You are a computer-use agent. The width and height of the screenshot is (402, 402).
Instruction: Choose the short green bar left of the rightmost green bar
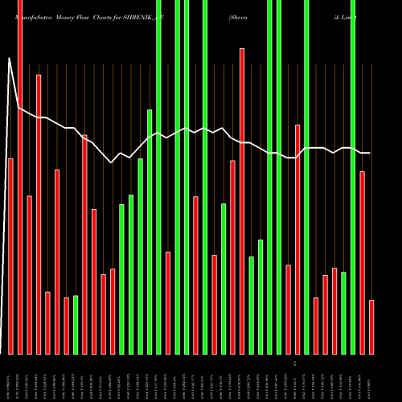[x=344, y=313]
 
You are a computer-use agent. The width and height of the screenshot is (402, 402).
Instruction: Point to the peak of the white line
[x=10, y=58]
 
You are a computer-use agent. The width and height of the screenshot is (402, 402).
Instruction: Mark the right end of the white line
[x=370, y=153]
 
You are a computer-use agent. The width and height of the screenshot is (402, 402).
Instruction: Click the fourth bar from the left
[x=39, y=214]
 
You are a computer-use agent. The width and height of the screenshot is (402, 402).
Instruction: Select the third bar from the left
[x=29, y=274]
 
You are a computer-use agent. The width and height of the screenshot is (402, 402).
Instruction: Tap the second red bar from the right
[x=363, y=262]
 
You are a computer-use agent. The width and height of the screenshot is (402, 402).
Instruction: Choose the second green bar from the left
[x=121, y=279]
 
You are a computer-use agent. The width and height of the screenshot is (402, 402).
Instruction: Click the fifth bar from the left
[x=47, y=322]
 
